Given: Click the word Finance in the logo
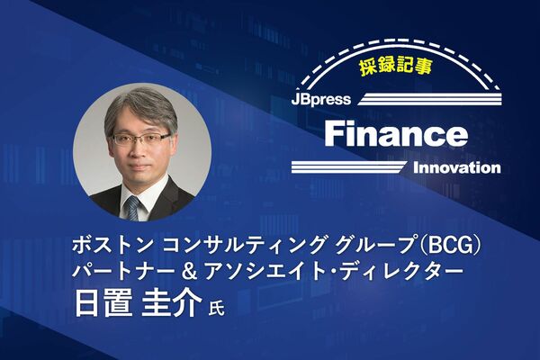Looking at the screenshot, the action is click(x=396, y=134).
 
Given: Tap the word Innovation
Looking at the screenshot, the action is click(x=456, y=168).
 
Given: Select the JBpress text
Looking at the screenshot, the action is click(x=321, y=100).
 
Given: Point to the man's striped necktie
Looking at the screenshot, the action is click(x=132, y=208).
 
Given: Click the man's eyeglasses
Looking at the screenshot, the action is click(x=141, y=139).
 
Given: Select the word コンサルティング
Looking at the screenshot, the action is click(x=244, y=246).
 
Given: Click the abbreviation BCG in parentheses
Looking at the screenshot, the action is click(x=446, y=246).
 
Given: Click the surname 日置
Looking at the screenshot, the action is click(x=103, y=303).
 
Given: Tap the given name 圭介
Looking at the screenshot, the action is click(x=172, y=303).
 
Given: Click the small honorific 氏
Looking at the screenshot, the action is click(x=216, y=308).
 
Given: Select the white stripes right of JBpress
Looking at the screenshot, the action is click(x=430, y=99).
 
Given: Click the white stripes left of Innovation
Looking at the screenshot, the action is click(x=348, y=167).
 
